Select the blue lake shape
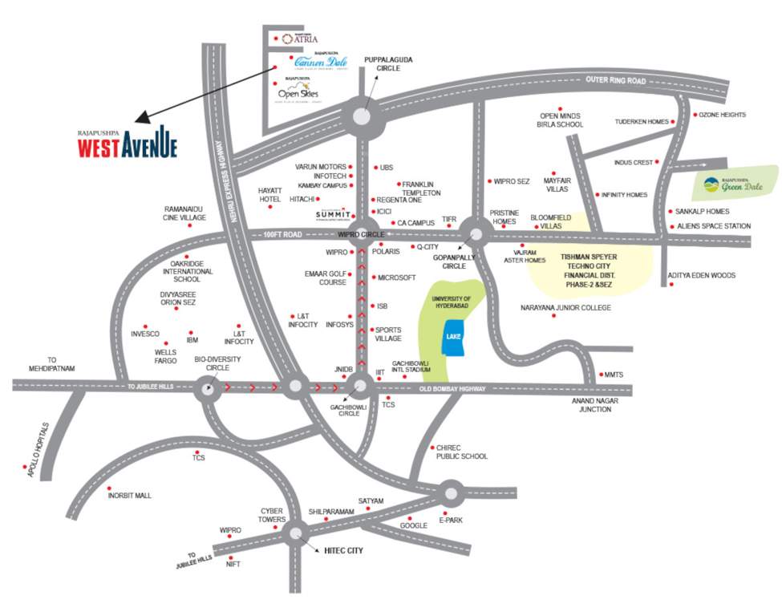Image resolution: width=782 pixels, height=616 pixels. pos(451,338)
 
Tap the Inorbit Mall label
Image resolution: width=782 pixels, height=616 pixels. pos(129,496)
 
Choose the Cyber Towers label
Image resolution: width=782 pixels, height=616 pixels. pos(272,515)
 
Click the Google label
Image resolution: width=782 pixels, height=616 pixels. pos(414,526)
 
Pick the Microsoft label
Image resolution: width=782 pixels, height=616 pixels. pos(396,278)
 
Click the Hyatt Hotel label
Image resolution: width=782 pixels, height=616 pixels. pos(271,195)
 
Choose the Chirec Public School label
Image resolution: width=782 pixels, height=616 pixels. pos(461,452)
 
